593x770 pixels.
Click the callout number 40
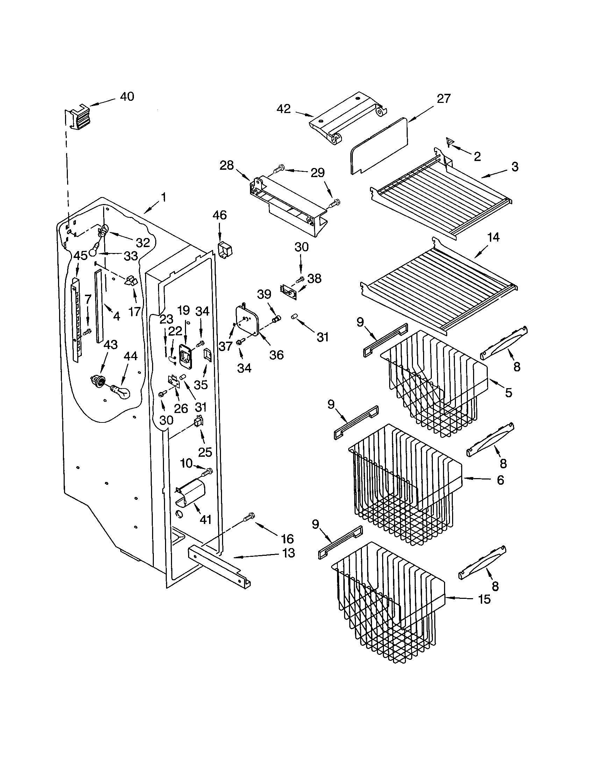coord(127,96)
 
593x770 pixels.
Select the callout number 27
coord(444,99)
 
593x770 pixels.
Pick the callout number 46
coord(220,215)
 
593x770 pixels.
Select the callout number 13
coord(288,553)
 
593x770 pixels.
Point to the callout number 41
coord(206,519)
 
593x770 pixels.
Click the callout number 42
coord(284,109)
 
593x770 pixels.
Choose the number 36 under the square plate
coord(277,355)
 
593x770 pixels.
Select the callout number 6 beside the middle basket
coord(500,480)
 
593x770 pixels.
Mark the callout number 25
coord(205,452)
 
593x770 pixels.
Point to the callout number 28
coord(227,165)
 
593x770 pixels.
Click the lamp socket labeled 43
coord(98,381)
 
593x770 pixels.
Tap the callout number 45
coord(80,256)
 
